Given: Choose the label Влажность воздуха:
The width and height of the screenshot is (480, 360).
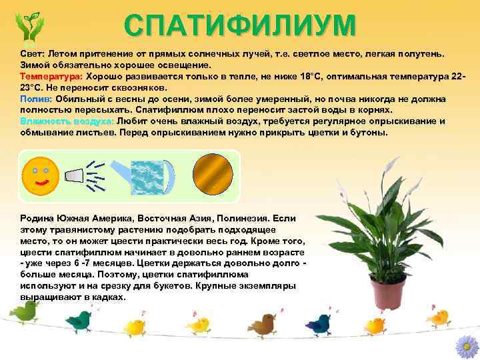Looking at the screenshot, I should tap(67, 121).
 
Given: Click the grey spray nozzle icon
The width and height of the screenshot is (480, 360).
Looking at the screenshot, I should tap(74, 175).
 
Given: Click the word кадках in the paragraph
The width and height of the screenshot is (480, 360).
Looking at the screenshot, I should tap(109, 297).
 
